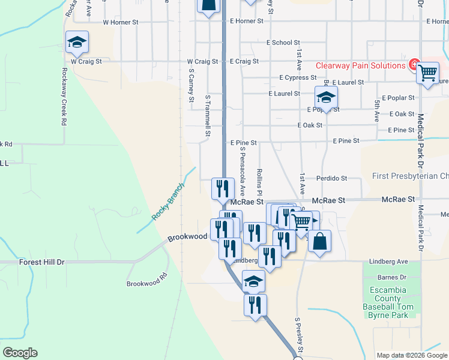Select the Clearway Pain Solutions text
pos(361,65)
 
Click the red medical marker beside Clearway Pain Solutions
pos(414,64)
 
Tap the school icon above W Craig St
pos(77,42)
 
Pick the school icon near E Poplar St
pos(326,97)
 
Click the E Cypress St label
pos(298,77)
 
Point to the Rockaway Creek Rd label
pos(64,95)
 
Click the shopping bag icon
pos(320,242)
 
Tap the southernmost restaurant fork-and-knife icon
pos(255,305)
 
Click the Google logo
pos(20,353)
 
